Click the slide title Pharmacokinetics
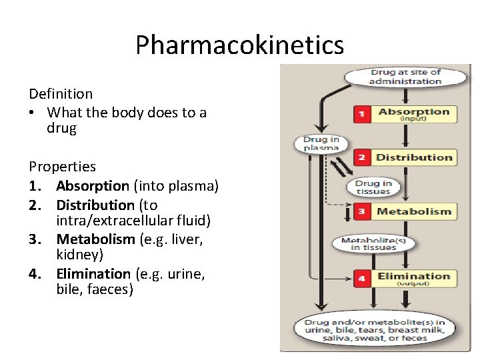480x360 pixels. [239, 45]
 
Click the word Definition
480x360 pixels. [61, 94]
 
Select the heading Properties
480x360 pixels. [62, 167]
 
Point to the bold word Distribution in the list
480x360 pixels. [95, 205]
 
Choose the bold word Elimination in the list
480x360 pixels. [93, 273]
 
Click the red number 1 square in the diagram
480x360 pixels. [361, 114]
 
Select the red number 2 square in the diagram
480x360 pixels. [361, 158]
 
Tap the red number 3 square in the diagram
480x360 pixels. [361, 212]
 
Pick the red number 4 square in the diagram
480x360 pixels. [361, 278]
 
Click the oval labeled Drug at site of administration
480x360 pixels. [405, 77]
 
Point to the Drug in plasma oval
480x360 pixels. [321, 143]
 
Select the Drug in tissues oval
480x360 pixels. [373, 187]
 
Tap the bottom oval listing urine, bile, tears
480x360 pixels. [375, 329]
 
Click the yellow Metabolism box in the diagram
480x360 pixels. [413, 212]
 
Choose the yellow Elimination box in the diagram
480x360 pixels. [413, 278]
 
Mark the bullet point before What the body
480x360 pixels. [32, 113]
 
